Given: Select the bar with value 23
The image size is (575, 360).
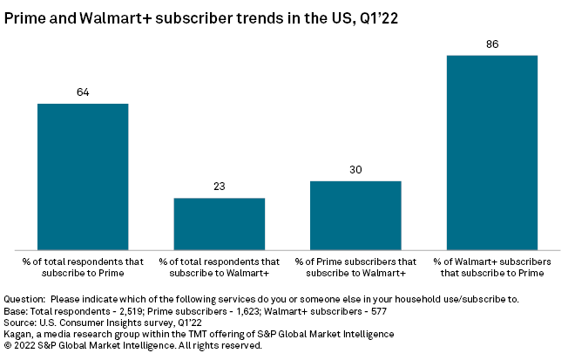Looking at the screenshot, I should [x=219, y=223].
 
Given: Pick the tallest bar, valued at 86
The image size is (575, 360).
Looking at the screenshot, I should [x=491, y=152].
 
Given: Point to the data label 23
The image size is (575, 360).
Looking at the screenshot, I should [x=219, y=187].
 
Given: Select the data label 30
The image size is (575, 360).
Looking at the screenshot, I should [x=355, y=170].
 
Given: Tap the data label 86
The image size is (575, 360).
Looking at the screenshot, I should [x=491, y=43].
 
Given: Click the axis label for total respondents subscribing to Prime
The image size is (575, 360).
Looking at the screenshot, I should [x=83, y=267].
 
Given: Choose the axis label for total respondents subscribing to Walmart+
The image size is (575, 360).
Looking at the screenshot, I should [x=219, y=267].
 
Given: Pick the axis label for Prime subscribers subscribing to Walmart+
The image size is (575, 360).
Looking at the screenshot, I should [x=355, y=267].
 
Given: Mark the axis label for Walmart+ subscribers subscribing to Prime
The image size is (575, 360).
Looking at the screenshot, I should [x=491, y=267].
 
